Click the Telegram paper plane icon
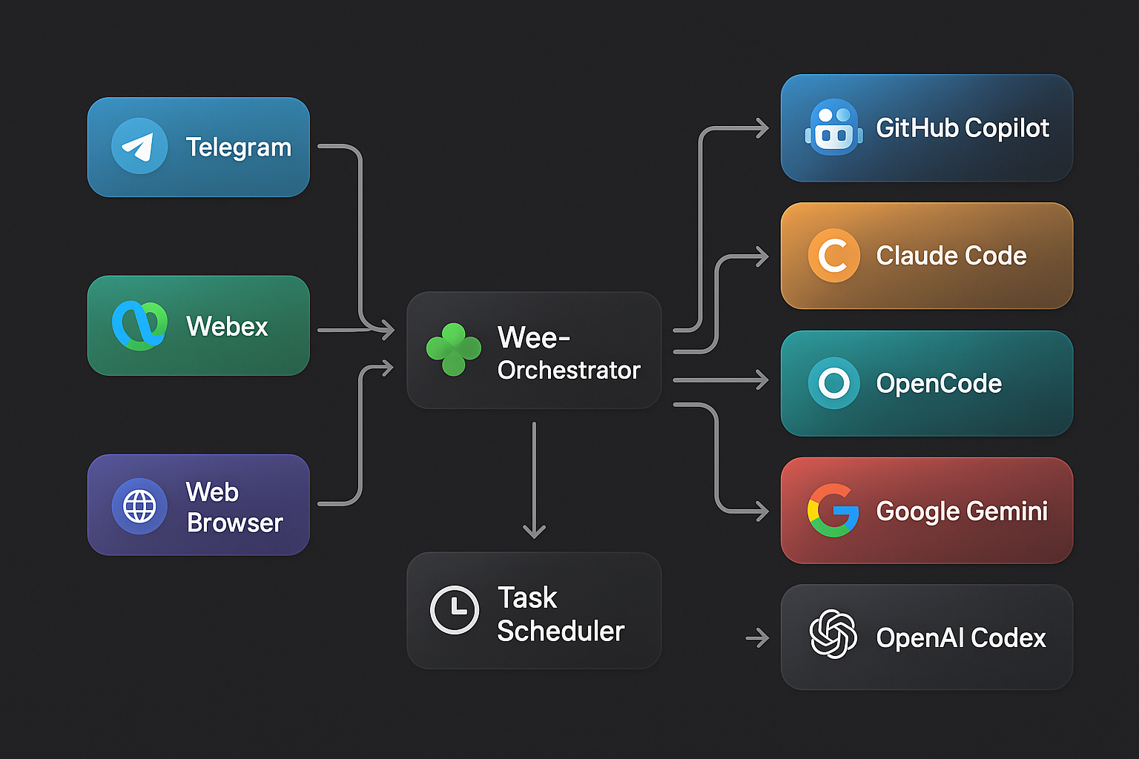coord(139,146)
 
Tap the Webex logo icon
coord(139,325)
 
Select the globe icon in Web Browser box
coord(139,506)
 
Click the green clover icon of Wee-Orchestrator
coord(453,348)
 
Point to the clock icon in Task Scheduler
coord(455,610)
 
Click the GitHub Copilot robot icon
coord(834,127)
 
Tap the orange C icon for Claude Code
coord(833,256)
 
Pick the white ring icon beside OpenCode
coord(833,383)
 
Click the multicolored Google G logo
coord(833,511)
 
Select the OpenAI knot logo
coord(833,634)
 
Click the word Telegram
coord(238,148)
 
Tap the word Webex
coord(227,326)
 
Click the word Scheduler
coord(561,632)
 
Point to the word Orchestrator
coord(569,370)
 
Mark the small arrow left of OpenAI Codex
coord(758,637)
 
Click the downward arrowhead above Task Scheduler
coord(534,530)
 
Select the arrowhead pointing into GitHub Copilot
coord(762,128)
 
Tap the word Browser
coord(234,523)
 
